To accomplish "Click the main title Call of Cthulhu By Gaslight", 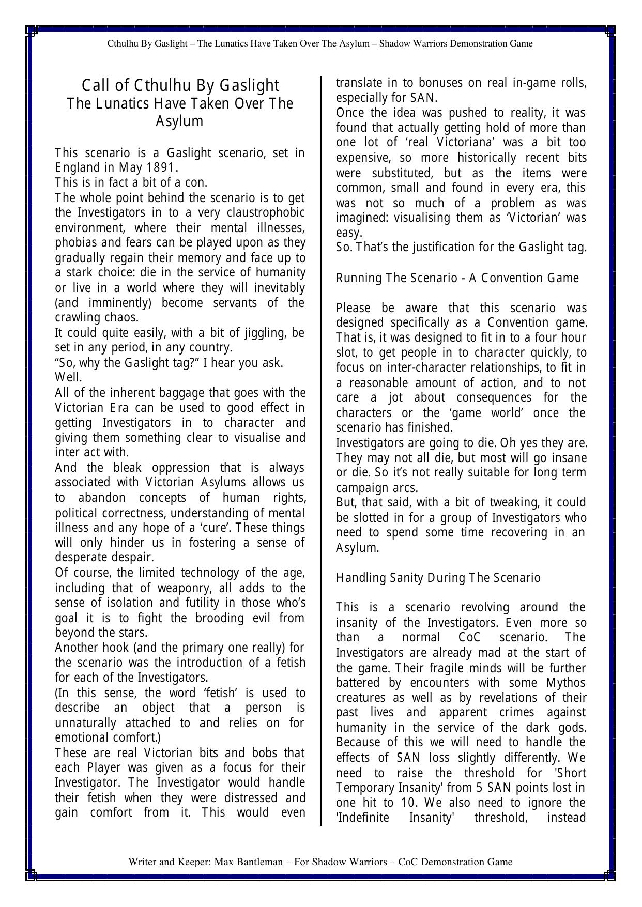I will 180,85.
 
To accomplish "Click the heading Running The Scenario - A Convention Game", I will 457,278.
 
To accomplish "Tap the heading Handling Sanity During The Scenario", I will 438,578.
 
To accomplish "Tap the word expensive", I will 360,158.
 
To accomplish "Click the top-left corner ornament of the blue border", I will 31,32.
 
